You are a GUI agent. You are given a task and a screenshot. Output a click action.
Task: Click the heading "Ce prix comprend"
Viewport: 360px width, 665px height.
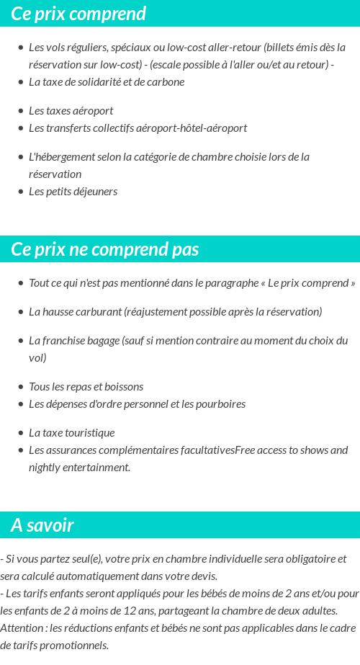tap(78, 14)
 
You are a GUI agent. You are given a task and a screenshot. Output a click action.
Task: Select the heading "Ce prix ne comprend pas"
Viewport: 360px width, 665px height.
tap(105, 249)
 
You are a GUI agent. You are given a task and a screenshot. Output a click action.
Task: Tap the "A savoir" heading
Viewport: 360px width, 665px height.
tap(42, 525)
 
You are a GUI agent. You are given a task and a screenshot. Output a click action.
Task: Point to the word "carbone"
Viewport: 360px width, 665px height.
tap(166, 82)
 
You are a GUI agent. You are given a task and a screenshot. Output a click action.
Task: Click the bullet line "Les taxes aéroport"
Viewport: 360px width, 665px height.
tap(71, 111)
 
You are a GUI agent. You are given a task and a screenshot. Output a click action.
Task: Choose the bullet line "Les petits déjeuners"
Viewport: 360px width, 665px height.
tap(73, 192)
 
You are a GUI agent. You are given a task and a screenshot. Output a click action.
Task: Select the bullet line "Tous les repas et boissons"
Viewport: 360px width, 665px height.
tap(86, 387)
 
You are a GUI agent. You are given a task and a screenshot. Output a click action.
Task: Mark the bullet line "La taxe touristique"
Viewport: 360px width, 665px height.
tap(71, 433)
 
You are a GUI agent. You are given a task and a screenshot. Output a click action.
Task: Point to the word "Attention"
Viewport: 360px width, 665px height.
tap(21, 628)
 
